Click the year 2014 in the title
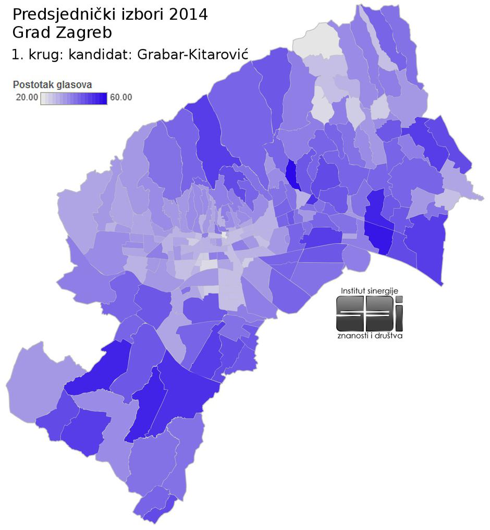tap(188, 15)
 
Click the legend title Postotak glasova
tap(52, 85)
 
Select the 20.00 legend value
tap(26, 97)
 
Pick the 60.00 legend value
tap(121, 97)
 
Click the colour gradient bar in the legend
tap(73, 98)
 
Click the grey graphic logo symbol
tap(369, 314)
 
